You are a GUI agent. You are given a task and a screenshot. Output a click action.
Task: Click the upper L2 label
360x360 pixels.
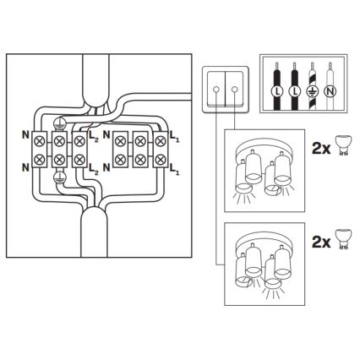point(94,134)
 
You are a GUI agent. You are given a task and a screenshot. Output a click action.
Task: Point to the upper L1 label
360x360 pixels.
point(175,134)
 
